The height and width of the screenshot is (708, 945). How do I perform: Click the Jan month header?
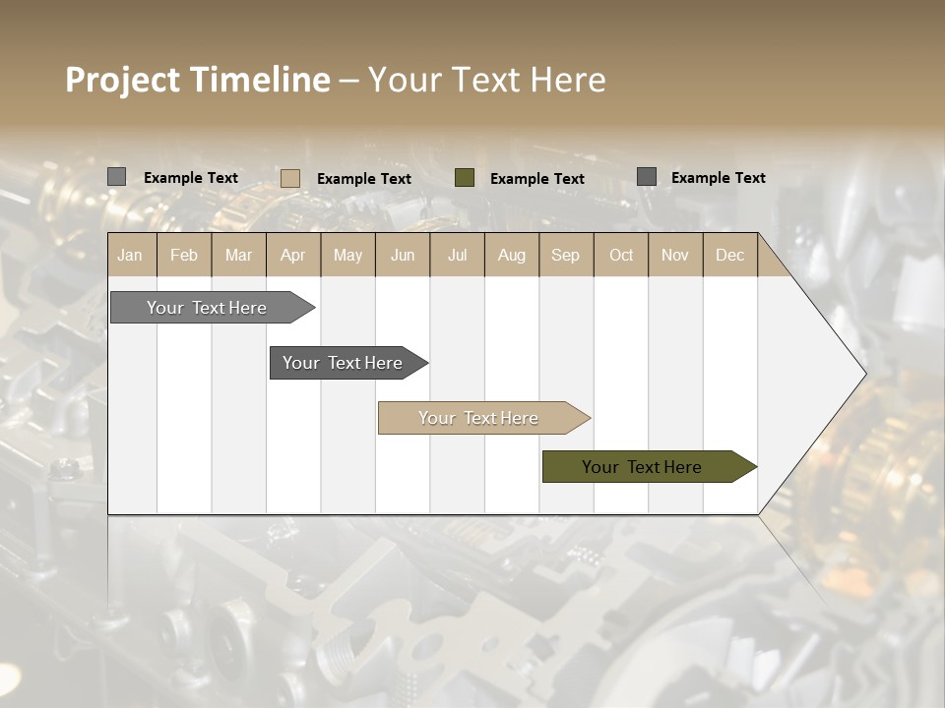[x=130, y=256]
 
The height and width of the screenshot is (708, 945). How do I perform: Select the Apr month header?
[x=292, y=256]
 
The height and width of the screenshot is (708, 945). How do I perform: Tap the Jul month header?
[x=457, y=256]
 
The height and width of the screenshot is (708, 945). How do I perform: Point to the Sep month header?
[x=565, y=256]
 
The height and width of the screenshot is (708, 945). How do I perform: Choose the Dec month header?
[x=729, y=256]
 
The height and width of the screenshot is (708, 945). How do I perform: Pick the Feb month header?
[x=184, y=256]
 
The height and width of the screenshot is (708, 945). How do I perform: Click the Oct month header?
[x=621, y=256]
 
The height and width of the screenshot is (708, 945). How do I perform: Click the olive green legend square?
[x=465, y=178]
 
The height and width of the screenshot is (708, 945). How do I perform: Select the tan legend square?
[x=290, y=178]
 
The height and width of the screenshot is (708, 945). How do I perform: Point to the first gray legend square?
[x=116, y=177]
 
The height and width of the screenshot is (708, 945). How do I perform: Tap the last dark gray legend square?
[x=647, y=177]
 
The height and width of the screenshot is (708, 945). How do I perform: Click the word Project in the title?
[x=123, y=80]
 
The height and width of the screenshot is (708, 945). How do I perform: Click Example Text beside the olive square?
[x=537, y=179]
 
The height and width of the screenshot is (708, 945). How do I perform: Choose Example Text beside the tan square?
[x=364, y=179]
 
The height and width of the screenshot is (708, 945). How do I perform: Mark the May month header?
[x=347, y=256]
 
